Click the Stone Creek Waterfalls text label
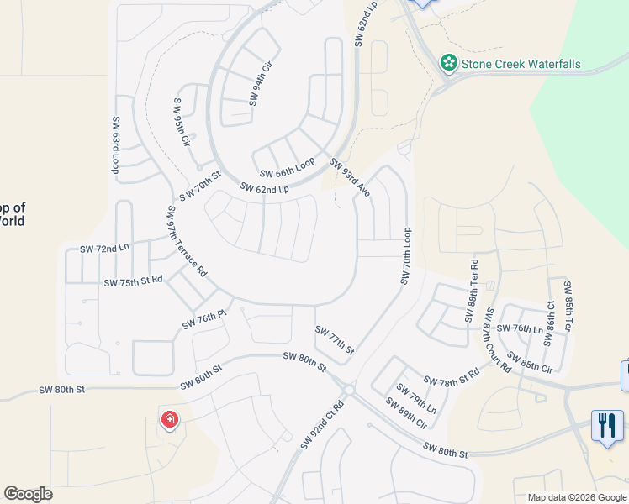[521, 64]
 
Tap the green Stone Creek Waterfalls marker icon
[449, 63]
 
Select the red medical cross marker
[169, 418]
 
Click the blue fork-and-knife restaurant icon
[607, 424]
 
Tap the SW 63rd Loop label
[115, 145]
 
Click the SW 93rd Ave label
[350, 178]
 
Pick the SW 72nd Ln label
[105, 249]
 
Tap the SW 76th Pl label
[204, 320]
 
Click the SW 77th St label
[334, 339]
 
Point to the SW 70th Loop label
[405, 255]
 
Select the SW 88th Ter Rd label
[473, 297]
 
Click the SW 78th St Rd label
[451, 381]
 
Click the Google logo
[29, 494]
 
